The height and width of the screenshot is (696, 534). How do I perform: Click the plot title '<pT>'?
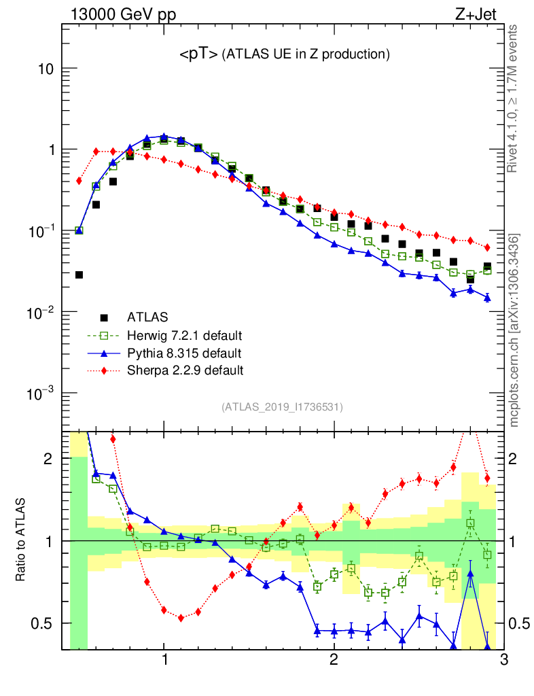pos(198,54)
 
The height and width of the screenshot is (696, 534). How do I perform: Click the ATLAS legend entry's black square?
pos(103,317)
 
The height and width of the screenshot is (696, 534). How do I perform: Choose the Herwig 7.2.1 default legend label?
pos(184,335)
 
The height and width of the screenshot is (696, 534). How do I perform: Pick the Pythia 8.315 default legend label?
pos(183,353)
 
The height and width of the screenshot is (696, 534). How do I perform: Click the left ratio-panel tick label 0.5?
pos(46,623)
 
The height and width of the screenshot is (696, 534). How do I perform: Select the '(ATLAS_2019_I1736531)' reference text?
pos(282,407)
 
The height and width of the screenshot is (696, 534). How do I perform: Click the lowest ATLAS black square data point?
pos(79,275)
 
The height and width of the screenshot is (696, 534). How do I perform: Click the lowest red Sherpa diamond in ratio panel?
pos(181,618)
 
